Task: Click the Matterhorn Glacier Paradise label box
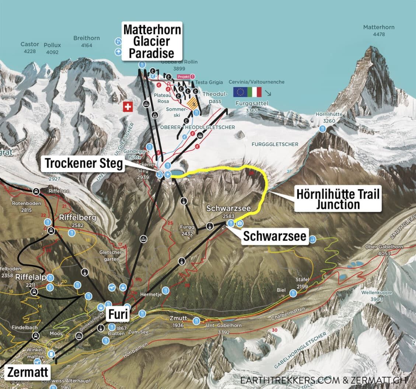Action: pos(152,41)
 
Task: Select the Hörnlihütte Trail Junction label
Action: pos(338,199)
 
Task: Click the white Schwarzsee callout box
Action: pos(275,236)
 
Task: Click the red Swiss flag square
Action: pos(127,107)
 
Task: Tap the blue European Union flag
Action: pos(240,92)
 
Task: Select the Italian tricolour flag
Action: pos(254,92)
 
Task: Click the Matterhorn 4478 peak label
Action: pos(379,31)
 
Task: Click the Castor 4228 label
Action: pos(29,48)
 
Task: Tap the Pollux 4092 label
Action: pos(52,49)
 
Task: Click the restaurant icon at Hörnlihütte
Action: pos(322,129)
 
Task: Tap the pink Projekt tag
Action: pos(183,76)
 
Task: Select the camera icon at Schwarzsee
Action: pos(240,223)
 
